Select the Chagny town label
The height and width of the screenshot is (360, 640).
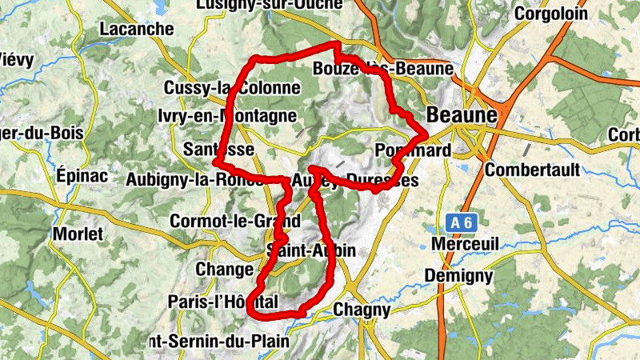pos(362,310)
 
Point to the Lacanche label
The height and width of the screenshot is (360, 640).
pos(136,30)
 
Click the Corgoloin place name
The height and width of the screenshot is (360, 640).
pos(550,14)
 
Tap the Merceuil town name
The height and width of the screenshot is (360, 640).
pos(464,242)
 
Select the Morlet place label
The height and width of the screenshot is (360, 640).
pos(78,234)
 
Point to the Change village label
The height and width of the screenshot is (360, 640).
pos(224,269)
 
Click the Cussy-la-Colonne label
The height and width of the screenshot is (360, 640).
pos(231,88)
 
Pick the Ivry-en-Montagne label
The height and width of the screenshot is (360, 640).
pos(227,117)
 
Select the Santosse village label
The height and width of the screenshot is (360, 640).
pos(218,150)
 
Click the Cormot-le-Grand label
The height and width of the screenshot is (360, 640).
pos(235,221)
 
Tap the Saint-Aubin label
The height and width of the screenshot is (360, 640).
pos(312,250)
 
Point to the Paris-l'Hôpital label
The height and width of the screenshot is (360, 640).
pos(223,302)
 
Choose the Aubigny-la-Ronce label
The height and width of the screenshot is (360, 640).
pos(194,180)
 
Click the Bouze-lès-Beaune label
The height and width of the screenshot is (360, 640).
pos(383,69)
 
